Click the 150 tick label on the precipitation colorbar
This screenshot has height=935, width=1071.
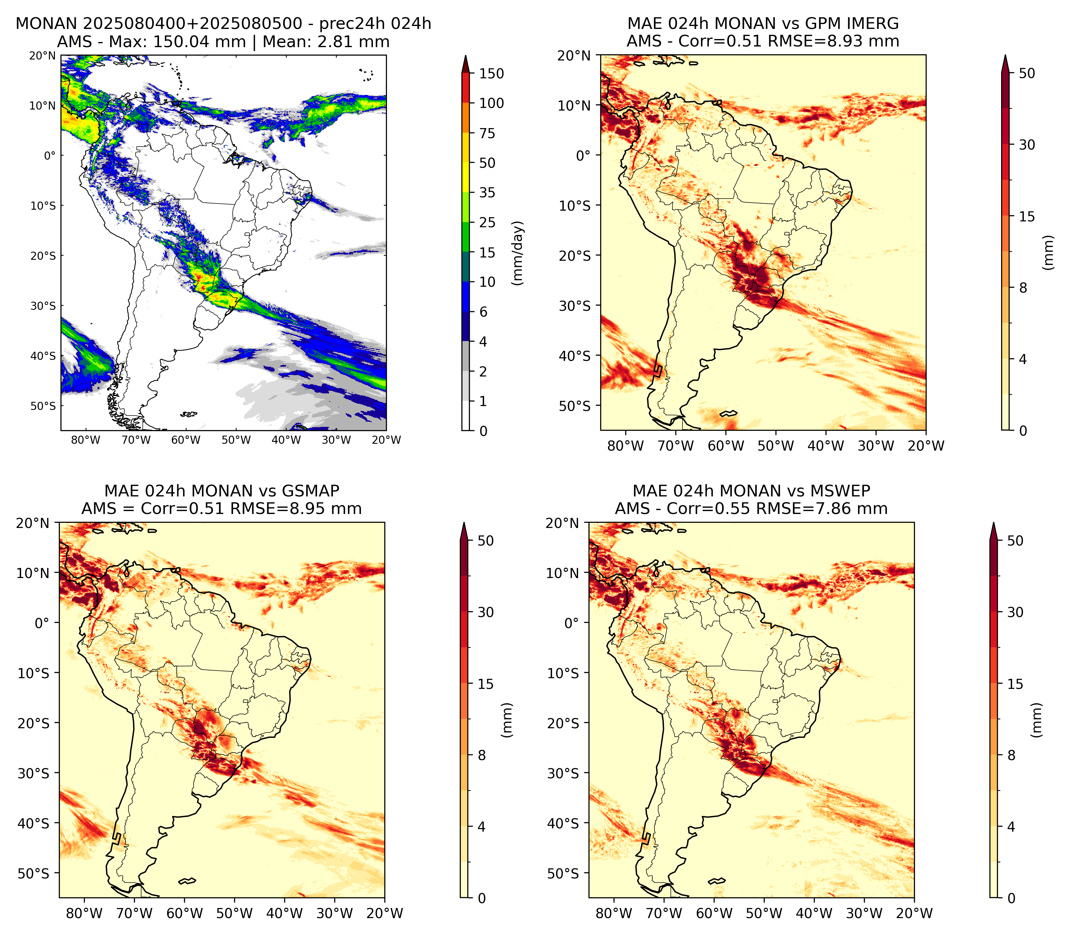491,73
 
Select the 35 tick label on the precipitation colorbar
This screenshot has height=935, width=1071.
487,192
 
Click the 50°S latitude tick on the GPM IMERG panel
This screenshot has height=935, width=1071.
575,406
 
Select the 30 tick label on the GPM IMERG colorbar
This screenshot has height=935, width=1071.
1027,145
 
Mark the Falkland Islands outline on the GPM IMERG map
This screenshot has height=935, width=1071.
728,413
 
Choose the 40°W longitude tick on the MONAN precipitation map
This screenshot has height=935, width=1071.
286,440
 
